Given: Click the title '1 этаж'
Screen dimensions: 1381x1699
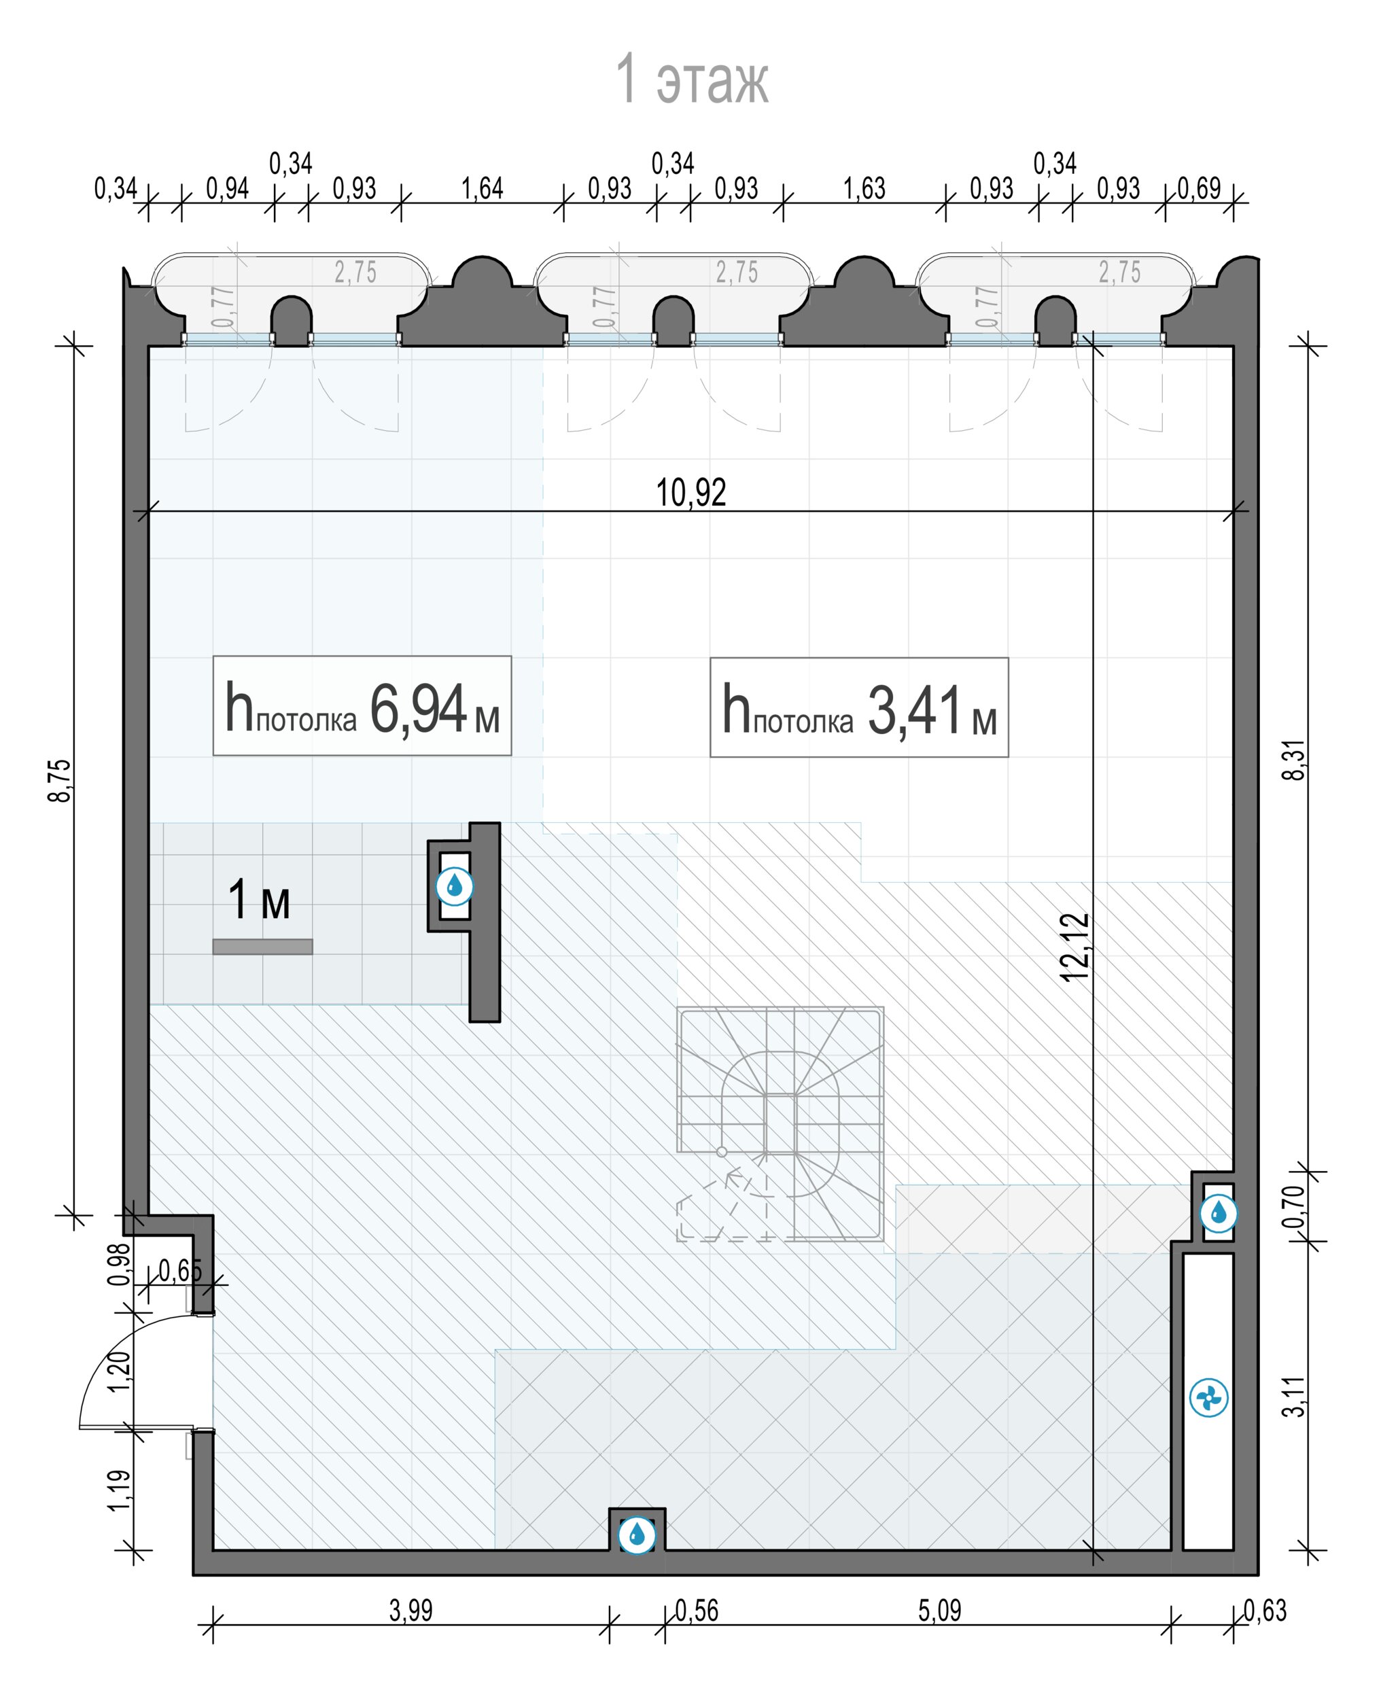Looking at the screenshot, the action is tap(692, 80).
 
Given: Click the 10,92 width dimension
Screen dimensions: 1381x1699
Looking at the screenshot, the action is tap(690, 492).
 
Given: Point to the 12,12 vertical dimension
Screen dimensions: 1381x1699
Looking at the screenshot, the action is tap(1074, 947).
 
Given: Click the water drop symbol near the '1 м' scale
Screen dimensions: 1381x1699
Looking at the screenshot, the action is tap(454, 886).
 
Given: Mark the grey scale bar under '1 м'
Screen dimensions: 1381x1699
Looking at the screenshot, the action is tap(262, 947).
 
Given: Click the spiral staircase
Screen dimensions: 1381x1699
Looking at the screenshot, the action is tap(780, 1124).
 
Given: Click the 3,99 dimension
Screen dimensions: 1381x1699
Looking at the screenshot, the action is tap(410, 1610).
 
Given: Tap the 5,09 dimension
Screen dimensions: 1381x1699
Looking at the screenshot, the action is tap(939, 1610).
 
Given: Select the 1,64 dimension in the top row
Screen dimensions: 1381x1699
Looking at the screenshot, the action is tap(482, 188).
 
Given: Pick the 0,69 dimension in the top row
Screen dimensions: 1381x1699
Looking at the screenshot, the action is tap(1199, 188).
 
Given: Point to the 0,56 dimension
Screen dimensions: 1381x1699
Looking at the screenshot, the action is tap(696, 1610).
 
